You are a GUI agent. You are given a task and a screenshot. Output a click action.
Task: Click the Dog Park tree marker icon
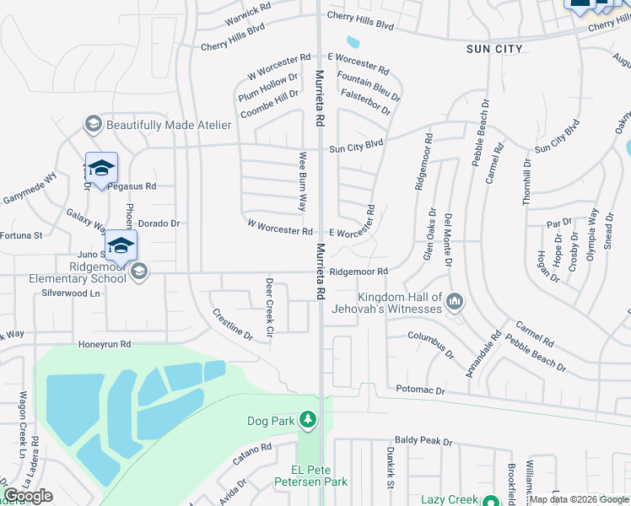pyautogui.click(x=309, y=420)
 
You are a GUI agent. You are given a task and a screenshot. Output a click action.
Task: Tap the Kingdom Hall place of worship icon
pyautogui.click(x=456, y=300)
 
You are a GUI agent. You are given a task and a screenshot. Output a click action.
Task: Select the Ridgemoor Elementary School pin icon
pyautogui.click(x=138, y=271)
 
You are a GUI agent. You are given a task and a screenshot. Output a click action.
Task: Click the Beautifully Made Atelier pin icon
pyautogui.click(x=94, y=125)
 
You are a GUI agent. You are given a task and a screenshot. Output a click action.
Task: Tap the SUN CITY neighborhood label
pyautogui.click(x=494, y=50)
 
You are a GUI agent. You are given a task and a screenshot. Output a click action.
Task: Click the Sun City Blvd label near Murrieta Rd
pyautogui.click(x=356, y=147)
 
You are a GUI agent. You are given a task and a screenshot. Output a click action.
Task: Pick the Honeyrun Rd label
pyautogui.click(x=105, y=344)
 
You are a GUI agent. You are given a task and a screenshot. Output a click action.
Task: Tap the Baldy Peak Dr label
pyautogui.click(x=423, y=441)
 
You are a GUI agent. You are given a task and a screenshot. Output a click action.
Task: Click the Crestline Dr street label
pyautogui.click(x=232, y=323)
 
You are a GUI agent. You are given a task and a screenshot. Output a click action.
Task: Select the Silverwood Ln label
pyautogui.click(x=71, y=293)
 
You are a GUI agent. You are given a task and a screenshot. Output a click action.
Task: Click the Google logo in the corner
pyautogui.click(x=28, y=496)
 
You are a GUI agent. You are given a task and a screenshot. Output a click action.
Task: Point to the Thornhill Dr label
pyautogui.click(x=527, y=180)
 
